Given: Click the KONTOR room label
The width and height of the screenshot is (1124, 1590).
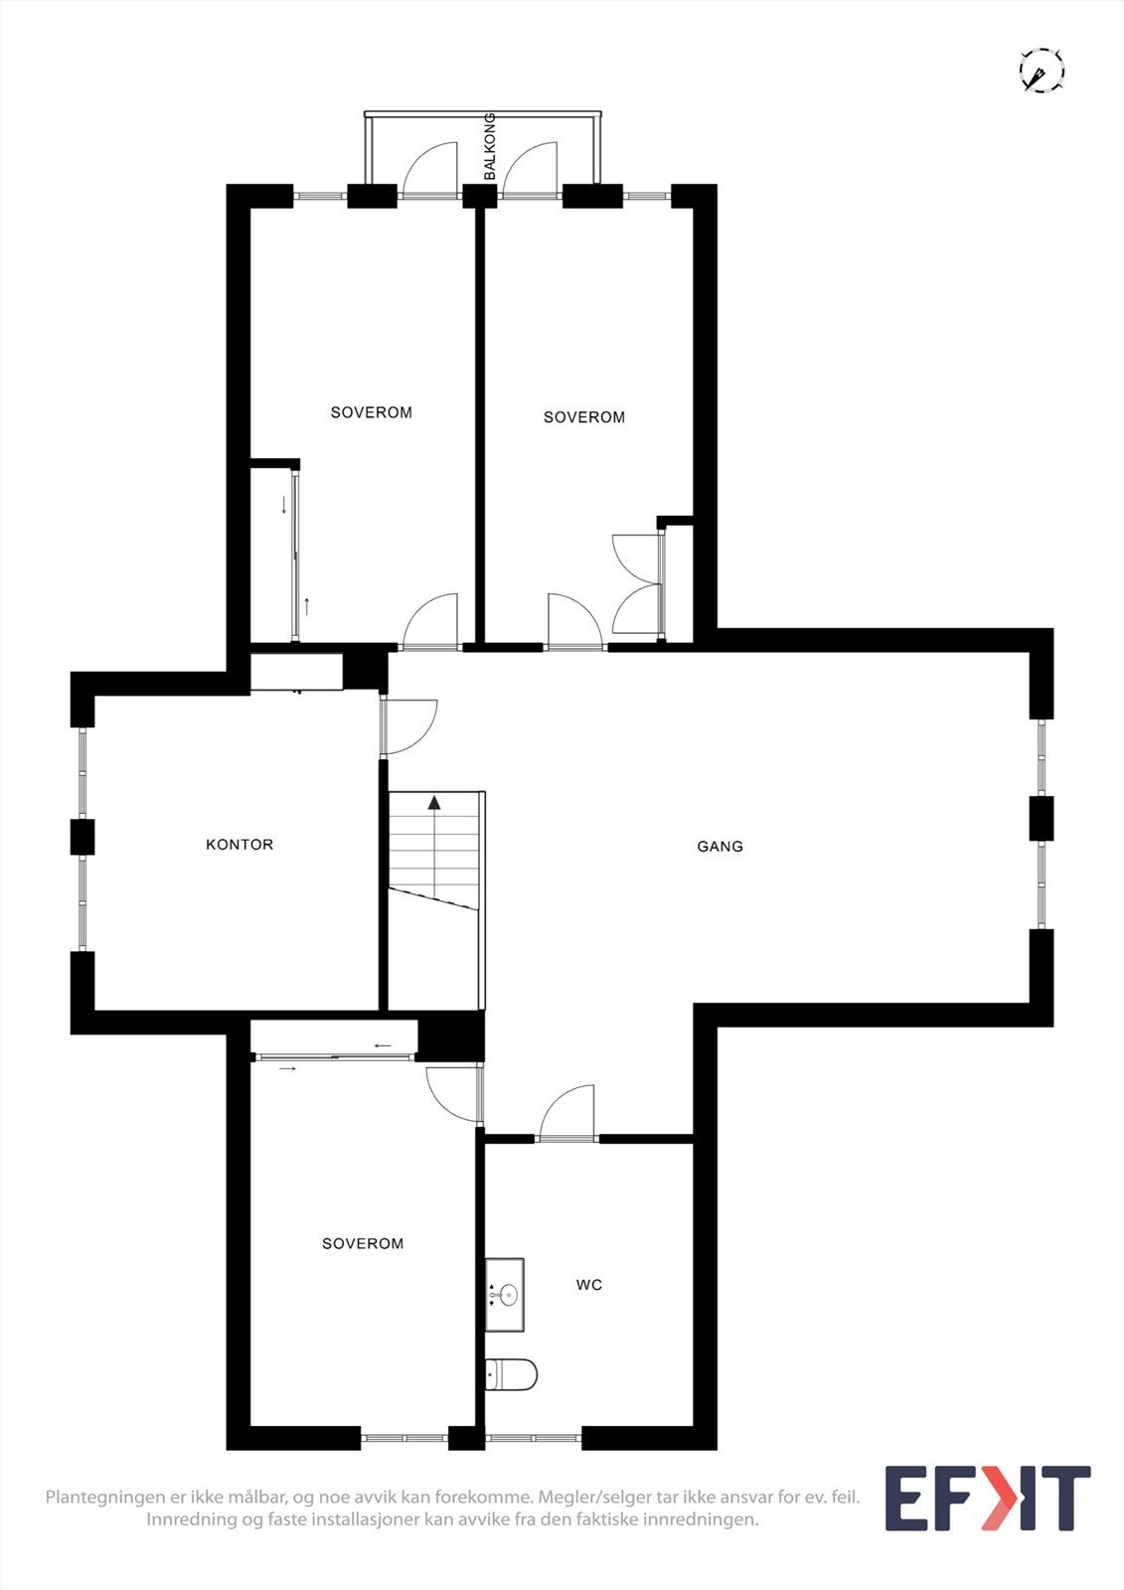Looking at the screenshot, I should [240, 845].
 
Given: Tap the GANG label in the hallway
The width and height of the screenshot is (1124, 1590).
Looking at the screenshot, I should [720, 847].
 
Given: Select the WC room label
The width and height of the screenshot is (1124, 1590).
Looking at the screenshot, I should [589, 1285].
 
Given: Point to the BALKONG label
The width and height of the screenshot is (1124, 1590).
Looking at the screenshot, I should [489, 147].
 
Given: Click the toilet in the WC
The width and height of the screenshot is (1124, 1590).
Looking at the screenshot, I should [512, 1375].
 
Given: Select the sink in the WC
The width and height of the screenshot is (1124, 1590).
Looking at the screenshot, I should [505, 1294].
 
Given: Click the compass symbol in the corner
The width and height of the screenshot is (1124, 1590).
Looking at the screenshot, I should [1042, 72].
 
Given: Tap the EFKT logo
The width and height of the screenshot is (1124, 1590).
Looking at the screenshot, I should [987, 1498].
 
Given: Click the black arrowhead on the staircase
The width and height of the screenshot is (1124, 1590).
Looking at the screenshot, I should [434, 802].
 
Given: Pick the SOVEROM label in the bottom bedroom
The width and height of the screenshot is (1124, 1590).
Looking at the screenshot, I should [363, 1243].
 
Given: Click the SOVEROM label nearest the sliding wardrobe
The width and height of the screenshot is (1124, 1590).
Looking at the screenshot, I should [371, 412].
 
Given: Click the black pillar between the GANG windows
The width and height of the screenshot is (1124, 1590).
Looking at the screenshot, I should [1041, 818].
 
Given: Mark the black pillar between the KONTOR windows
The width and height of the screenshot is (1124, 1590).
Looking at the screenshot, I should [82, 837].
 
